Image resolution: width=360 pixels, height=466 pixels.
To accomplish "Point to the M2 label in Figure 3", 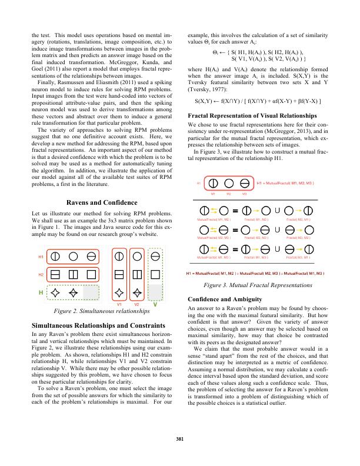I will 227,193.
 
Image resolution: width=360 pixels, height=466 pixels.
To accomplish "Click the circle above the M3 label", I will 241,184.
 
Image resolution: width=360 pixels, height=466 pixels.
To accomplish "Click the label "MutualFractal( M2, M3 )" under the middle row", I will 213,237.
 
